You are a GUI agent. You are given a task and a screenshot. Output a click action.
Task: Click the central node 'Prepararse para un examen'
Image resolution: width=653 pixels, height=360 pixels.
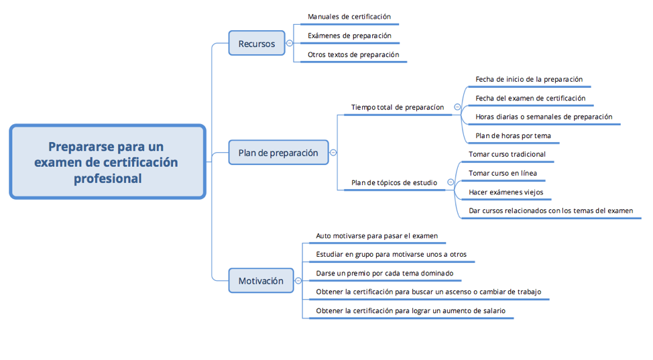click(x=107, y=162)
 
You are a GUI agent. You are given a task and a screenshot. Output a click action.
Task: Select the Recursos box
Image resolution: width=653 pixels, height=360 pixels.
click(x=257, y=44)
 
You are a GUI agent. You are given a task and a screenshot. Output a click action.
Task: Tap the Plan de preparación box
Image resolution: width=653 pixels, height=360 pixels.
click(x=278, y=153)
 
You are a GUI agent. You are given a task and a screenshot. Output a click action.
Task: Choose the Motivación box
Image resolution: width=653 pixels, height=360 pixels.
click(x=261, y=281)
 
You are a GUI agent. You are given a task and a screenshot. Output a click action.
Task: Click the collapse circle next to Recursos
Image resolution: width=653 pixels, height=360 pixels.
click(x=290, y=44)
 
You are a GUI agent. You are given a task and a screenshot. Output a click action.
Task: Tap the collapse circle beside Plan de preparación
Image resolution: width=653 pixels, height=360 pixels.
click(x=333, y=153)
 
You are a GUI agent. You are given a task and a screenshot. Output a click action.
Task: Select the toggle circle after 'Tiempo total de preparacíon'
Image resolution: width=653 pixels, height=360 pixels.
click(x=457, y=107)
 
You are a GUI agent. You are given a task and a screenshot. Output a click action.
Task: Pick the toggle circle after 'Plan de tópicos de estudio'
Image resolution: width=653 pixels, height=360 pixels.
click(x=451, y=182)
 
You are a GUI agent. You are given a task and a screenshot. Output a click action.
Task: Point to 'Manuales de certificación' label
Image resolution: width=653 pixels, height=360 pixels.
click(x=349, y=16)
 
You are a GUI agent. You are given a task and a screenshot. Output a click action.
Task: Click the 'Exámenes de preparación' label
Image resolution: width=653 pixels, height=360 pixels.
click(x=349, y=36)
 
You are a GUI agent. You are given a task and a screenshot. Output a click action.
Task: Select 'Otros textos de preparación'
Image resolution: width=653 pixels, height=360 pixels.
click(x=353, y=55)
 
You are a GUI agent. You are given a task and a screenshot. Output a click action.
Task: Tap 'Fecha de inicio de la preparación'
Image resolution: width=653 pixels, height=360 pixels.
click(x=529, y=79)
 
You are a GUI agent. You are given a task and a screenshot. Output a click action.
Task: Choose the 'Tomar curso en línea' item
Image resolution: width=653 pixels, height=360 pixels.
click(x=503, y=173)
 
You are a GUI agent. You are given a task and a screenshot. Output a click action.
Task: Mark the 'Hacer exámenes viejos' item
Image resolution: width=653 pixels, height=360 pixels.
click(x=506, y=192)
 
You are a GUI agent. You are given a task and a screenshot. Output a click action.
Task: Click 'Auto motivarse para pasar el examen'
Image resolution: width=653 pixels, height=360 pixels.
click(x=377, y=235)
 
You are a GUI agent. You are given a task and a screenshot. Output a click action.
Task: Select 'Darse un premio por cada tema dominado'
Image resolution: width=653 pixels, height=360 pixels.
click(x=385, y=273)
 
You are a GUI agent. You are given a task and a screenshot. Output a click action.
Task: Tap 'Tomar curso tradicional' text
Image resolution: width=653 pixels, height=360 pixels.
click(x=507, y=154)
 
